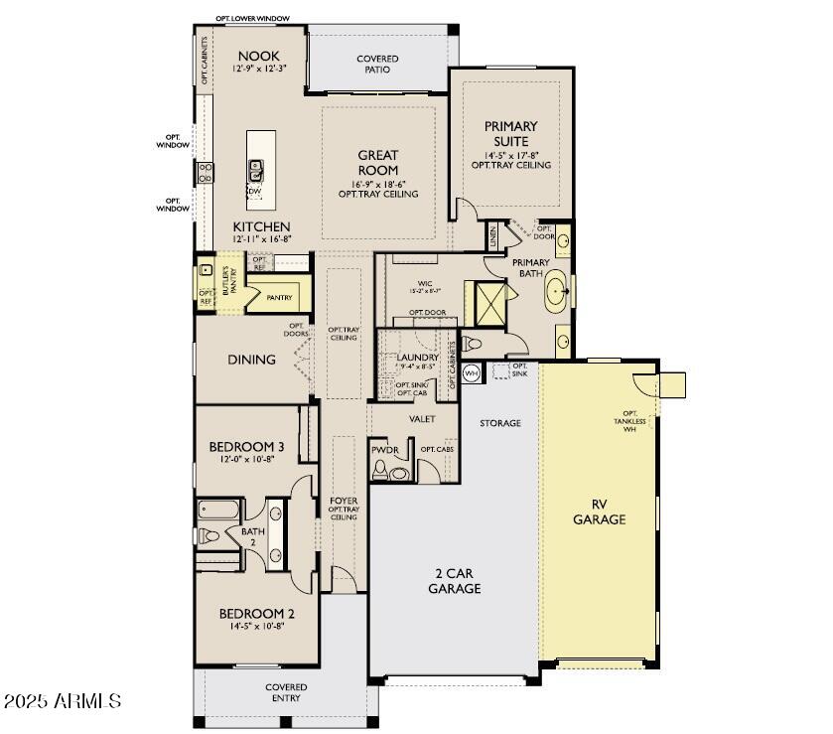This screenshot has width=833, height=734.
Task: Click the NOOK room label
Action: pyautogui.click(x=257, y=57)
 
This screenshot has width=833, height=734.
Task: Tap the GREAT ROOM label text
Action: pyautogui.click(x=377, y=163)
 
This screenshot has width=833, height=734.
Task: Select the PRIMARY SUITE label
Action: pyautogui.click(x=510, y=134)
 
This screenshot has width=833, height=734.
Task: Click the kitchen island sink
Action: pyautogui.click(x=255, y=169)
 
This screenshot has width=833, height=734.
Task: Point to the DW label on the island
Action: pyautogui.click(x=255, y=192)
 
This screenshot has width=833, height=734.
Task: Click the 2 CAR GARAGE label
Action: pyautogui.click(x=455, y=581)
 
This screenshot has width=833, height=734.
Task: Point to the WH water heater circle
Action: pyautogui.click(x=472, y=372)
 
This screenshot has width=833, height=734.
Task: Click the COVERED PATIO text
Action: pyautogui.click(x=377, y=65)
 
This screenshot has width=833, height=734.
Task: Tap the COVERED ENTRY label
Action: pyautogui.click(x=286, y=692)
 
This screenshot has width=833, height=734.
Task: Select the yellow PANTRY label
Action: pyautogui.click(x=279, y=297)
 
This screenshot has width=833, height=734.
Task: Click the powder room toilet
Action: pyautogui.click(x=399, y=473)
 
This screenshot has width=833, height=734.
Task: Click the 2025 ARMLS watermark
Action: pyautogui.click(x=62, y=702)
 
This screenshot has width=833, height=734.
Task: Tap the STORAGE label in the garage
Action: pyautogui.click(x=500, y=423)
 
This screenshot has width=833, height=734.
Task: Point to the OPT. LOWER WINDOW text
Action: pyautogui.click(x=253, y=19)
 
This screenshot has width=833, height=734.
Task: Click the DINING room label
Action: pyautogui.click(x=251, y=360)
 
